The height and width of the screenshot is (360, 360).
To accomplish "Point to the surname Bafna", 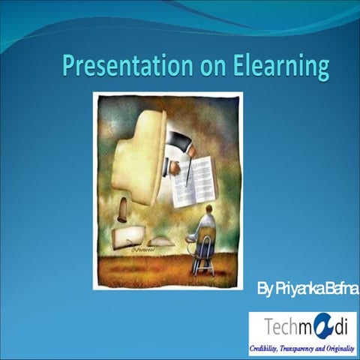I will tap(341, 288).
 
